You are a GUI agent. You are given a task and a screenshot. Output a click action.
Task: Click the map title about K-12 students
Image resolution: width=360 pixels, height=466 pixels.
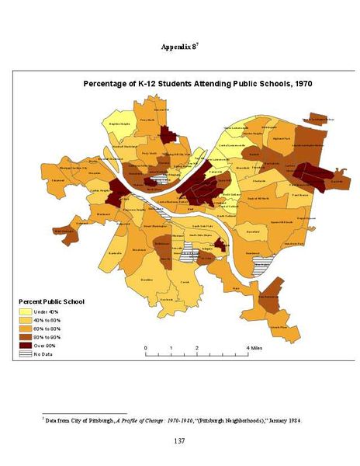(x=197, y=83)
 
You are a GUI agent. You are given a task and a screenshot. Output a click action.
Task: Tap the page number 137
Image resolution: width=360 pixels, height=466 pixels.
(x=179, y=440)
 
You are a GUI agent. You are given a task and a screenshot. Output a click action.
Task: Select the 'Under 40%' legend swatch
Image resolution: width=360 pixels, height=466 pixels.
(x=25, y=311)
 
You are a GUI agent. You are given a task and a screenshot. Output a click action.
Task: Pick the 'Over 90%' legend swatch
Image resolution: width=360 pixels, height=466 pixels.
(x=25, y=346)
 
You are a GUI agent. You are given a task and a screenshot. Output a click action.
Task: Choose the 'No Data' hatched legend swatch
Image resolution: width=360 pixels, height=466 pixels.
(x=25, y=354)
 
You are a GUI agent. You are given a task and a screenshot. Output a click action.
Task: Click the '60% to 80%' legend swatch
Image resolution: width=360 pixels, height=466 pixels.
(x=25, y=329)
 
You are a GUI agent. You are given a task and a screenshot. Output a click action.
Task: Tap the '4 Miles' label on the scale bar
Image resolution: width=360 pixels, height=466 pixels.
(x=254, y=347)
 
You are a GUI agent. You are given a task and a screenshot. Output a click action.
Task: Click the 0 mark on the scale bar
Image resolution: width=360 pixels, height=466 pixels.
(x=147, y=347)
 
